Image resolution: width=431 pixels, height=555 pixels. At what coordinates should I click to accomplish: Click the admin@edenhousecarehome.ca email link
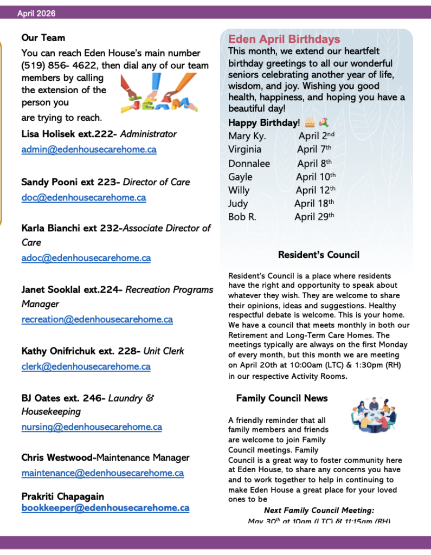[89, 150]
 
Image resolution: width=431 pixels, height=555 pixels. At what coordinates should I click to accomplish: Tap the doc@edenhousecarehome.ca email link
[83, 198]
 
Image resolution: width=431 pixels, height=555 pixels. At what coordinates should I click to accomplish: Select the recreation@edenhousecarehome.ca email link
[97, 320]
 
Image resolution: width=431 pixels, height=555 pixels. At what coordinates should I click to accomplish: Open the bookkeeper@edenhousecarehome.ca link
[105, 508]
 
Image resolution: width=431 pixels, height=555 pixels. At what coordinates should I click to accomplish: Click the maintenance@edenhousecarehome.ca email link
[102, 473]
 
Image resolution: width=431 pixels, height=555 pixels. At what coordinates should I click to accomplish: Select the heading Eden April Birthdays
[284, 40]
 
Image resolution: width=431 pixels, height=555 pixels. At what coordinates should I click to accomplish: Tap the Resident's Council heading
[318, 255]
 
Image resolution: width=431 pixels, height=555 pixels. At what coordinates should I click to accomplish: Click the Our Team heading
[43, 38]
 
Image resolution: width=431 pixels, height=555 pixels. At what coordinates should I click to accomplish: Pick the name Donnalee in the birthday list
[249, 163]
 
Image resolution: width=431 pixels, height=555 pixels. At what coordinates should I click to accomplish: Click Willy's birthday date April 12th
[316, 190]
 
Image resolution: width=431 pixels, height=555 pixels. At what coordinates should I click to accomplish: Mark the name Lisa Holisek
[49, 134]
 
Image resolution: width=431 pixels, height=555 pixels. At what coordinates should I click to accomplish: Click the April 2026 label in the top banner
[36, 13]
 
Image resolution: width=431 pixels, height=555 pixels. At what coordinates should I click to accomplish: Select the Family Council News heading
[282, 398]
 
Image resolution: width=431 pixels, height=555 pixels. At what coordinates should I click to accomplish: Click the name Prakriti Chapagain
[63, 496]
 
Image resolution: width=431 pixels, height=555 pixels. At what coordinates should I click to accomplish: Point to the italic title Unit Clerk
[164, 351]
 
